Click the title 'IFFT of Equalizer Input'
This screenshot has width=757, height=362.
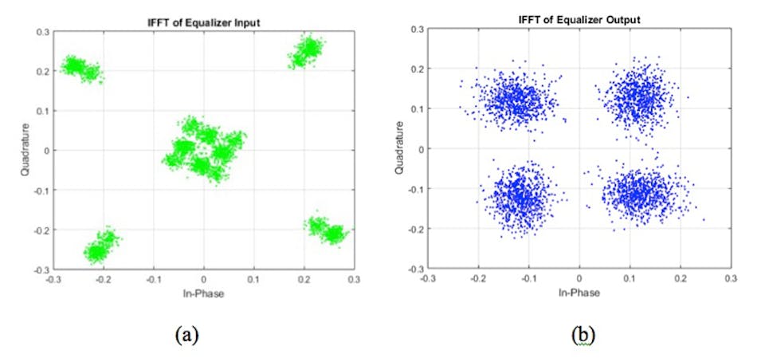[x=203, y=21]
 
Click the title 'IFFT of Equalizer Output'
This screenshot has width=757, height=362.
[x=579, y=18]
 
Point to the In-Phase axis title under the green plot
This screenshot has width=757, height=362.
[x=203, y=294]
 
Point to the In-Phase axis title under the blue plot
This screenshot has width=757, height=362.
[x=579, y=293]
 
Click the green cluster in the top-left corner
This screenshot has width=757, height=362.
[x=82, y=69]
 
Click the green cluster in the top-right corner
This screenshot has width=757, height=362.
[x=308, y=51]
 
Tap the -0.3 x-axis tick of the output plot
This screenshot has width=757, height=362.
[x=427, y=279]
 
